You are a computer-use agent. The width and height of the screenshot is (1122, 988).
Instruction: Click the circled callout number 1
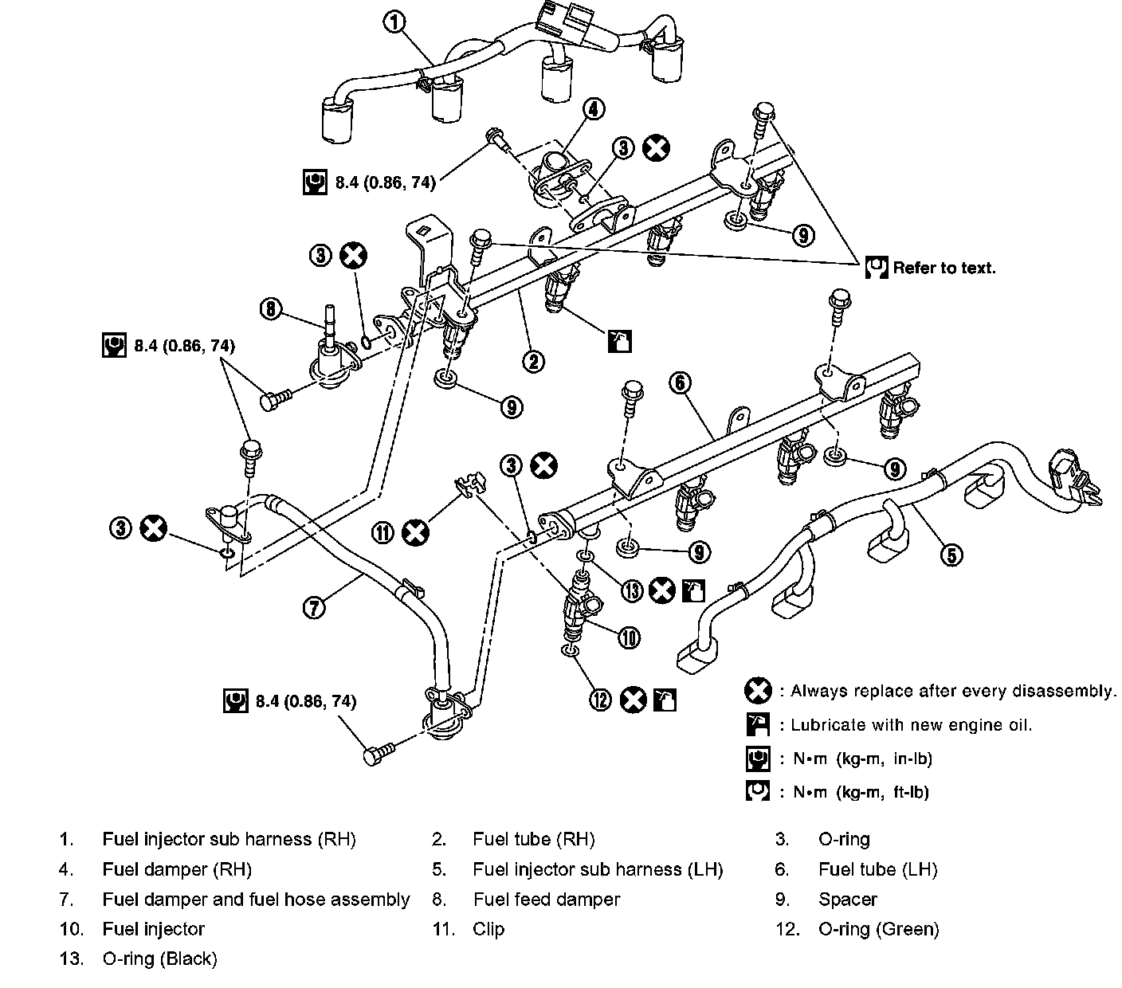click(394, 22)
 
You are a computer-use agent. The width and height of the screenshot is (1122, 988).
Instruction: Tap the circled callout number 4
click(594, 108)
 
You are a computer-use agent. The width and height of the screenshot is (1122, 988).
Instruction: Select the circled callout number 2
click(533, 361)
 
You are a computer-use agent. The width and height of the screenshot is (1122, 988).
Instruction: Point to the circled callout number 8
click(272, 308)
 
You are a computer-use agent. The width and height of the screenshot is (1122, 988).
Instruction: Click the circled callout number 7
click(314, 608)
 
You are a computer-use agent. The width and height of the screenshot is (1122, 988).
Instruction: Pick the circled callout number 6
click(680, 383)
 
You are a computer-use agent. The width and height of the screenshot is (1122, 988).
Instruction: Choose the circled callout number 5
click(951, 554)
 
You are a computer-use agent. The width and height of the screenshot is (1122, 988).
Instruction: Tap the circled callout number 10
click(629, 637)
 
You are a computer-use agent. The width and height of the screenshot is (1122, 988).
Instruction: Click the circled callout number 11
click(384, 531)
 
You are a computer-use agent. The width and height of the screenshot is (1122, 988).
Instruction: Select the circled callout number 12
click(600, 700)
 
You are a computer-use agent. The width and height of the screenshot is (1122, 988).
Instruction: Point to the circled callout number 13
click(632, 590)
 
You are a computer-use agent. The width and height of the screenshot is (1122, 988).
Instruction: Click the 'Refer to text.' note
click(943, 268)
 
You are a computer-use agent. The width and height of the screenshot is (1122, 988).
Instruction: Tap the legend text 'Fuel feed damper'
click(546, 900)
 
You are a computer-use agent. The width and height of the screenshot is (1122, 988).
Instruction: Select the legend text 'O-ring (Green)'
click(878, 929)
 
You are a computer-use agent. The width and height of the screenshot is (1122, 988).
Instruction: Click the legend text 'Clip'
click(488, 929)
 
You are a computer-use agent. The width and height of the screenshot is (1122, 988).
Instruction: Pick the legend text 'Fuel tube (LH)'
click(877, 869)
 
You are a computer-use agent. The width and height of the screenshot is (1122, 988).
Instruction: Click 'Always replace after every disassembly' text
click(953, 691)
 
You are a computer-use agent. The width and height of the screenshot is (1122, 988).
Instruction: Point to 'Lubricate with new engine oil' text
click(911, 725)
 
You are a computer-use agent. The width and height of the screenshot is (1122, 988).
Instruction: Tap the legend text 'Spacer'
click(847, 900)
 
